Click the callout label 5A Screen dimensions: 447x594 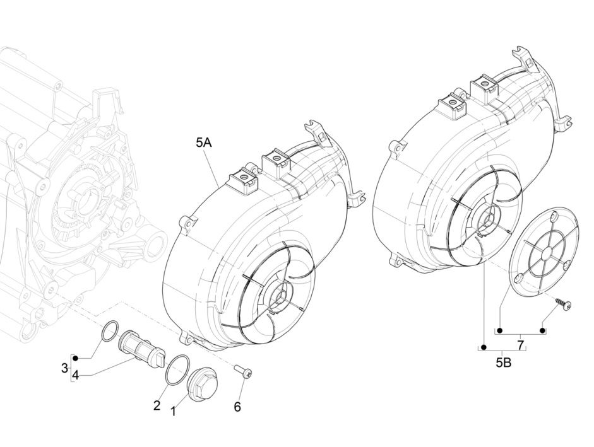203,144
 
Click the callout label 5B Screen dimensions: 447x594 504,363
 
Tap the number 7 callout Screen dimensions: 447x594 520,344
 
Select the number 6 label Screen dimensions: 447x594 237,407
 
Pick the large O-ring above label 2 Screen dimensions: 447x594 176,370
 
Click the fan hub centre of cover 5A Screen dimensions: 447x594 279,294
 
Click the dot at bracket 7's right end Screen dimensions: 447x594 543,330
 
